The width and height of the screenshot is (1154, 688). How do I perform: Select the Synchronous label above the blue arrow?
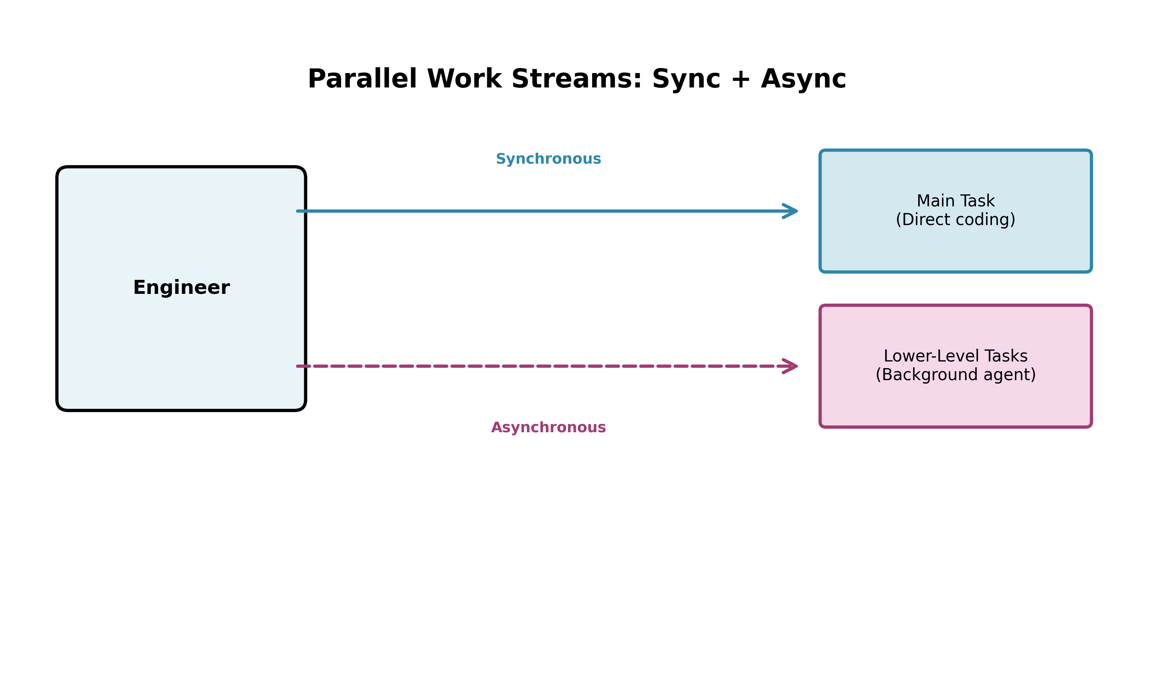(x=548, y=159)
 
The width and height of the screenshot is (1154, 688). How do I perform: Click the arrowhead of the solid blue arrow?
(x=791, y=211)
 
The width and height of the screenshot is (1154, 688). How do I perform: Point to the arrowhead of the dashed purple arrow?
(x=791, y=366)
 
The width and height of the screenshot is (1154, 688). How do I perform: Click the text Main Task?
(x=955, y=201)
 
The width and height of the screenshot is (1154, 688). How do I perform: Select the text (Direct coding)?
(x=955, y=220)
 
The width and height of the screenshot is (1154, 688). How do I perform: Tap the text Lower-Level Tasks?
(x=955, y=356)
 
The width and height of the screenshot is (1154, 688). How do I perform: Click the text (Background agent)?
(x=955, y=375)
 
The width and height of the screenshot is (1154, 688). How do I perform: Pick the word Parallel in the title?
(x=363, y=79)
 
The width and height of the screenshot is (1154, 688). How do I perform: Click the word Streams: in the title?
(x=577, y=79)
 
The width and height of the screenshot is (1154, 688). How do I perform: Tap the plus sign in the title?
(x=740, y=79)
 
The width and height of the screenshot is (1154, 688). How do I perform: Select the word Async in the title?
(x=803, y=79)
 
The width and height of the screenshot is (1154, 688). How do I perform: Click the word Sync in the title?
(x=686, y=79)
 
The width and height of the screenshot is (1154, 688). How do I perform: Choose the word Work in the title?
(x=464, y=79)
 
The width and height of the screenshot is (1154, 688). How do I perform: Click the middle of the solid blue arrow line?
(x=547, y=211)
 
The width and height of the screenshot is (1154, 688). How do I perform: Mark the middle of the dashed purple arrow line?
(x=547, y=366)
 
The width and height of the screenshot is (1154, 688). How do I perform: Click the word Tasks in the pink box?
(x=1006, y=356)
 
